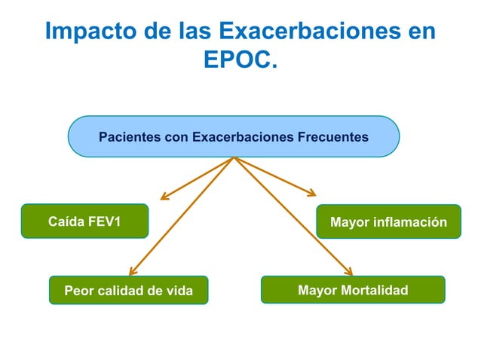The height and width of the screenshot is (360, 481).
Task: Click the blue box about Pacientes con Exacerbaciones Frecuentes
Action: (234, 136)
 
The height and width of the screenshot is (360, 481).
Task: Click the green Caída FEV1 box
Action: (84, 221)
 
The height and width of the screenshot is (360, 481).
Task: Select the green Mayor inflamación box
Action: (388, 222)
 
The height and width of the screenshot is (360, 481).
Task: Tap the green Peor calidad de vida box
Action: (128, 290)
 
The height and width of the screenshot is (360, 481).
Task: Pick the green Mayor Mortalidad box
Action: (352, 289)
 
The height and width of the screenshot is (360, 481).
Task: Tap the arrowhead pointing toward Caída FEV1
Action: (164, 198)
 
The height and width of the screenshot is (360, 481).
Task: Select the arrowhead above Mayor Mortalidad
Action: (349, 272)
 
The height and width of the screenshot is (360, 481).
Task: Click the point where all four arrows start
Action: (234, 157)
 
